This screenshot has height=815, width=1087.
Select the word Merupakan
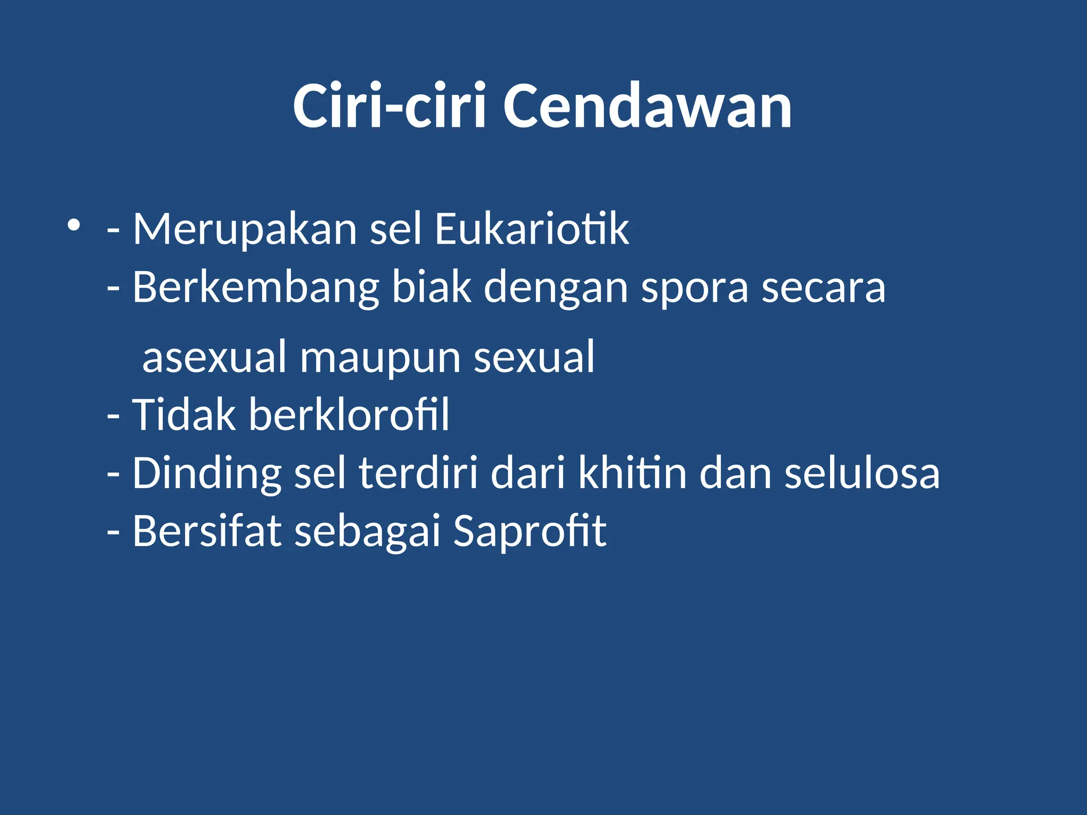(245, 229)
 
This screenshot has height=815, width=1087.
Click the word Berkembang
(255, 288)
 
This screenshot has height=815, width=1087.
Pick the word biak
(431, 288)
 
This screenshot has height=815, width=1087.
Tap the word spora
(695, 288)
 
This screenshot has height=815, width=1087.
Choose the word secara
(823, 288)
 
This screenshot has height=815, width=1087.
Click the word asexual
(215, 357)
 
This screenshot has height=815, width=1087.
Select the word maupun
(380, 357)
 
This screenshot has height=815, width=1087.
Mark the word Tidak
(184, 414)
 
